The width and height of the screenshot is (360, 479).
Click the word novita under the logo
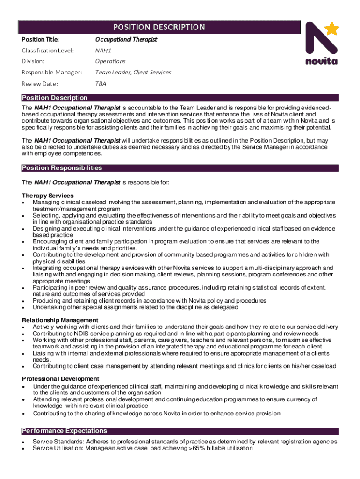(x=321, y=61)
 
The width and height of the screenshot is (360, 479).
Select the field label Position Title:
(x=39, y=39)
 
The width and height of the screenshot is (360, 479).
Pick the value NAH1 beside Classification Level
(x=103, y=50)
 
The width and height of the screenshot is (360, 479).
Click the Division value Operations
(x=110, y=61)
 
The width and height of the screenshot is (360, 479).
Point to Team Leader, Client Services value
(x=133, y=73)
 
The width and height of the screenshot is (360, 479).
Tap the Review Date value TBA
(x=101, y=84)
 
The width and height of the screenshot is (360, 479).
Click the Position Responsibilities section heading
(x=62, y=168)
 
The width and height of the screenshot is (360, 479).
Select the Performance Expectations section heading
(x=64, y=431)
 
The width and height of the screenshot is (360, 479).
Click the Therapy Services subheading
(x=48, y=196)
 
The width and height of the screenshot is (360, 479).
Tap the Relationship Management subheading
(x=60, y=320)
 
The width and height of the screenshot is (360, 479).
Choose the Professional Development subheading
(x=60, y=378)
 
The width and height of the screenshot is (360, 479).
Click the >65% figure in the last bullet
(x=197, y=448)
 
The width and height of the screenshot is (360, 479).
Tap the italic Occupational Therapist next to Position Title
(x=126, y=39)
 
